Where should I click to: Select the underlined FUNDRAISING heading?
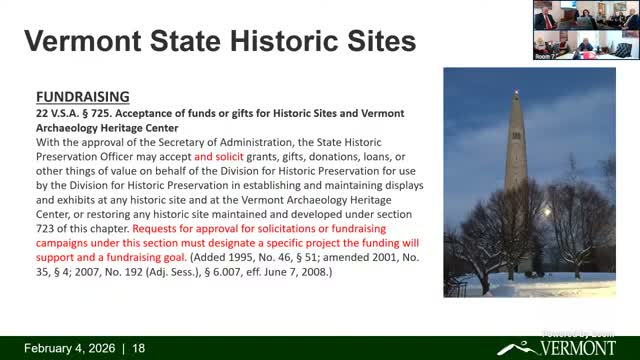[x=82, y=97]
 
